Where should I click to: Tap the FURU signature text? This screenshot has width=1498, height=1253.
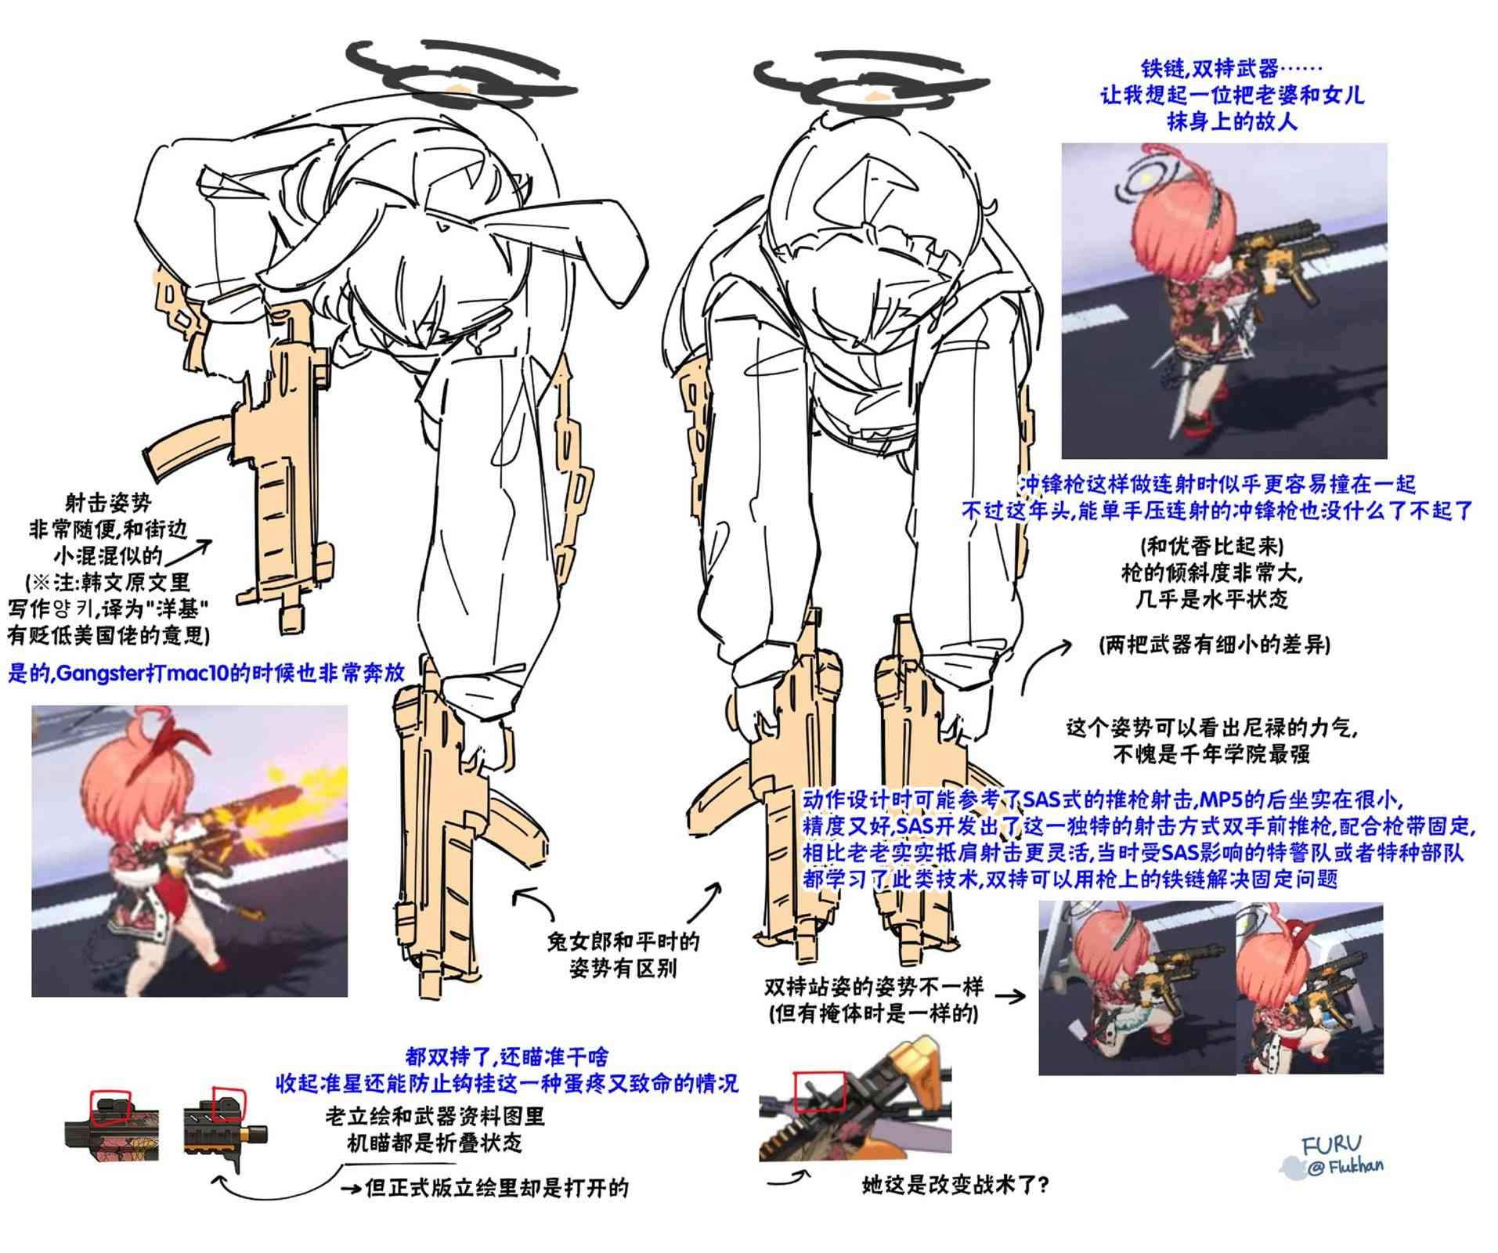tap(1332, 1146)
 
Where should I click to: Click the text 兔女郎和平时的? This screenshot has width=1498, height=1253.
tap(623, 942)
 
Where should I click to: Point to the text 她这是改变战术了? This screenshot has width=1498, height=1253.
tap(955, 1185)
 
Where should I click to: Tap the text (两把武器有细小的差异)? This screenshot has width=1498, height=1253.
tap(1213, 645)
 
